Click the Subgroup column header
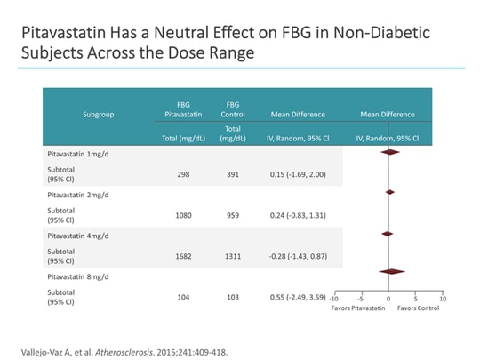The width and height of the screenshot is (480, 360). coord(98,115)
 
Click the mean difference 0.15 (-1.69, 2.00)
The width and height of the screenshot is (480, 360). coord(297,174)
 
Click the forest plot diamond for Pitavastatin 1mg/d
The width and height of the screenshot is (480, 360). coord(388,152)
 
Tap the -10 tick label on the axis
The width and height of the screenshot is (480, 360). coord(333,300)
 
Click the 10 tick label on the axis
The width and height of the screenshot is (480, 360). coord(443,300)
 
